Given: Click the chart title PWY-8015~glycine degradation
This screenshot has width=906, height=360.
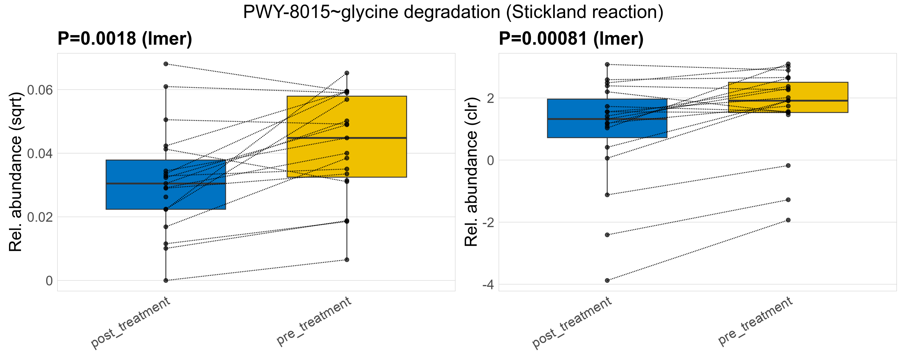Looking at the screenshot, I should point(453,13).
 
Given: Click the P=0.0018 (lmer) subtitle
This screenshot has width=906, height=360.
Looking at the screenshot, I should point(125,39).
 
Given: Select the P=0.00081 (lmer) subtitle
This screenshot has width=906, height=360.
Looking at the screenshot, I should point(571,39).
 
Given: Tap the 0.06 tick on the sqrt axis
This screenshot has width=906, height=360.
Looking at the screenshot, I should point(40,90).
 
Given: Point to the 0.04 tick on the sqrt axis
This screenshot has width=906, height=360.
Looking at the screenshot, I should point(40,154).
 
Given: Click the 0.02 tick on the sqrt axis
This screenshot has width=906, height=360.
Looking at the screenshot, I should point(40,217).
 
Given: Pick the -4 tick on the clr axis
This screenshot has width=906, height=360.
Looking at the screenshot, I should point(488,285).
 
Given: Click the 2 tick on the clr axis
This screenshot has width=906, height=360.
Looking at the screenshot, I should point(490,98).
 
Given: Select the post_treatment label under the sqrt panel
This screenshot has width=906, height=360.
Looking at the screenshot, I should point(131,322).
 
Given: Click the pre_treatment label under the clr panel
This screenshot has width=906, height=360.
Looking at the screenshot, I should point(755,321).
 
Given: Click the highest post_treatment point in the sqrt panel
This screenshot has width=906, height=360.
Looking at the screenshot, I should point(166,64).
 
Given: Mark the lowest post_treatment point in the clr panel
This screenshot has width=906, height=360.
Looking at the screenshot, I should point(607,280).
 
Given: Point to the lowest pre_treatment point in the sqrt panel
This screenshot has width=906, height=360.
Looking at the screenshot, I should point(347,260).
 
